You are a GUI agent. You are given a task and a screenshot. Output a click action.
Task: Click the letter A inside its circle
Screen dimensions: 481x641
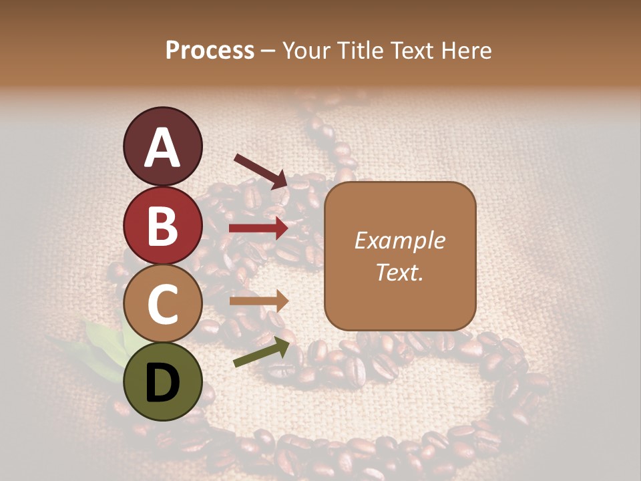pyautogui.click(x=162, y=148)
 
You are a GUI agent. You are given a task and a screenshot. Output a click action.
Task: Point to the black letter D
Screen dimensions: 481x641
pyautogui.click(x=162, y=383)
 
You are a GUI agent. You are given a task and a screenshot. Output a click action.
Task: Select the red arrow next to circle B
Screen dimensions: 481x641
pyautogui.click(x=258, y=228)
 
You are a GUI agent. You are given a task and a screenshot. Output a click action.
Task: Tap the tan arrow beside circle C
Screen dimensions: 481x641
pyautogui.click(x=258, y=301)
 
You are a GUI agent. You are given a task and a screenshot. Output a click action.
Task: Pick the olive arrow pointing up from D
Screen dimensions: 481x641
pyautogui.click(x=261, y=351)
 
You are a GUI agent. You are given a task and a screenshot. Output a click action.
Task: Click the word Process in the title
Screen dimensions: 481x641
pyautogui.click(x=210, y=50)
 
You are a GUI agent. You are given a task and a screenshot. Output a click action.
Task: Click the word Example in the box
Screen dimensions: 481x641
pyautogui.click(x=399, y=240)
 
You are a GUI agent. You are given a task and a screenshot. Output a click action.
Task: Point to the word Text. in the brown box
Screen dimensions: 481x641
pyautogui.click(x=399, y=272)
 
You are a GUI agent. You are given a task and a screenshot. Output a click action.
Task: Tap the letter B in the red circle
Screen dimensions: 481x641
pyautogui.click(x=162, y=226)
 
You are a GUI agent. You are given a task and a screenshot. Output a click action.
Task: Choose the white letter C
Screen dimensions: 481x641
pyautogui.click(x=162, y=305)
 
